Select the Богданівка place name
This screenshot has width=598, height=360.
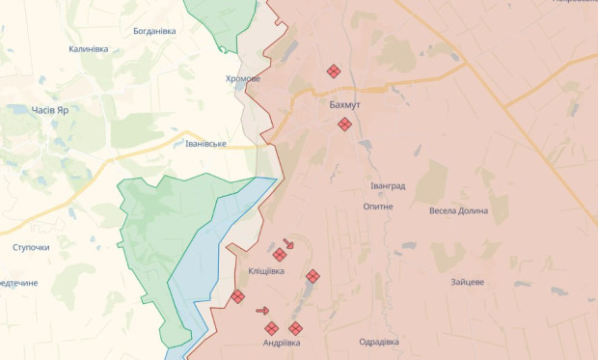[154, 31]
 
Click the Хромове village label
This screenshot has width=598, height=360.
[243, 79]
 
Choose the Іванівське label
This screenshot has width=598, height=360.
[205, 144]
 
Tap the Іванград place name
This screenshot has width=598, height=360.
[388, 185]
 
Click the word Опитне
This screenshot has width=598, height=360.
[378, 207]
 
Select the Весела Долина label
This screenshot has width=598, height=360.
[458, 210]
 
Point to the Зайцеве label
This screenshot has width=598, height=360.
[467, 282]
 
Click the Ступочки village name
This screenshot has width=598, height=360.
[31, 247]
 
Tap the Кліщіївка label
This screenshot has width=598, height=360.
[265, 272]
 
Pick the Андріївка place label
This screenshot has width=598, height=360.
[282, 343]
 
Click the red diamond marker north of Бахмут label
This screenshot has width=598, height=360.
[334, 71]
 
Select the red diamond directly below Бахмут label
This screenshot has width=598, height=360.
[344, 125]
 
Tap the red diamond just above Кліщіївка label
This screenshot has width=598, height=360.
[280, 255]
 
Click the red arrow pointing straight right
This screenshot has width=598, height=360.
[262, 311]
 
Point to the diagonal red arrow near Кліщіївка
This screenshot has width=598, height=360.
[288, 243]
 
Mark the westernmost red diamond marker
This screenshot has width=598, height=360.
[237, 297]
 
